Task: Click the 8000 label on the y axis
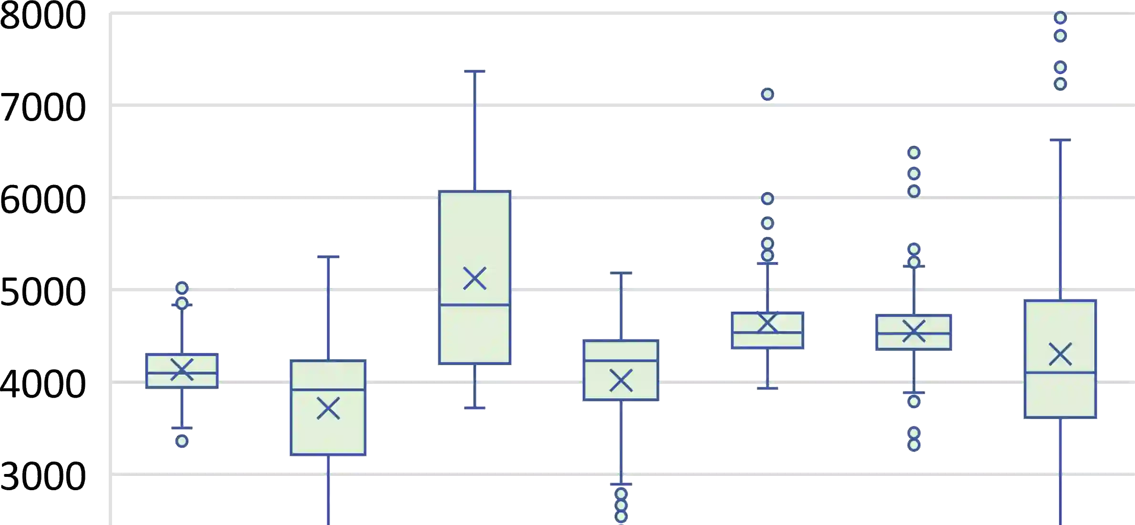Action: (x=43, y=15)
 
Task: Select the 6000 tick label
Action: (x=43, y=199)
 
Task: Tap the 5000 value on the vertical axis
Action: (x=43, y=291)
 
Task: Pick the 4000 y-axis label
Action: (x=43, y=383)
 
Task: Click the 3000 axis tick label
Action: (x=43, y=476)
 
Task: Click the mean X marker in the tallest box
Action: (x=475, y=278)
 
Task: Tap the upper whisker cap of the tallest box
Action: (x=475, y=73)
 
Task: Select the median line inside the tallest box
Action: (x=475, y=305)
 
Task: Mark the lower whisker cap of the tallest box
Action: (x=475, y=408)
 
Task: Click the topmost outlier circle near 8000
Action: (x=1060, y=18)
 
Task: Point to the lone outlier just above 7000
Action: (x=767, y=94)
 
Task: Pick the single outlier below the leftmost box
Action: (x=182, y=441)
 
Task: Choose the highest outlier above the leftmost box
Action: (x=182, y=288)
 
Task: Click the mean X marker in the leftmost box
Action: (x=182, y=370)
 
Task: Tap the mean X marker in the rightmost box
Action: (x=1060, y=354)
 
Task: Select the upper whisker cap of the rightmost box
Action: (x=1060, y=142)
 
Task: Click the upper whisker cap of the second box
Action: (x=328, y=256)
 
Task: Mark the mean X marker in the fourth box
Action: (x=621, y=381)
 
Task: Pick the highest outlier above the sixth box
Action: (x=914, y=153)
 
